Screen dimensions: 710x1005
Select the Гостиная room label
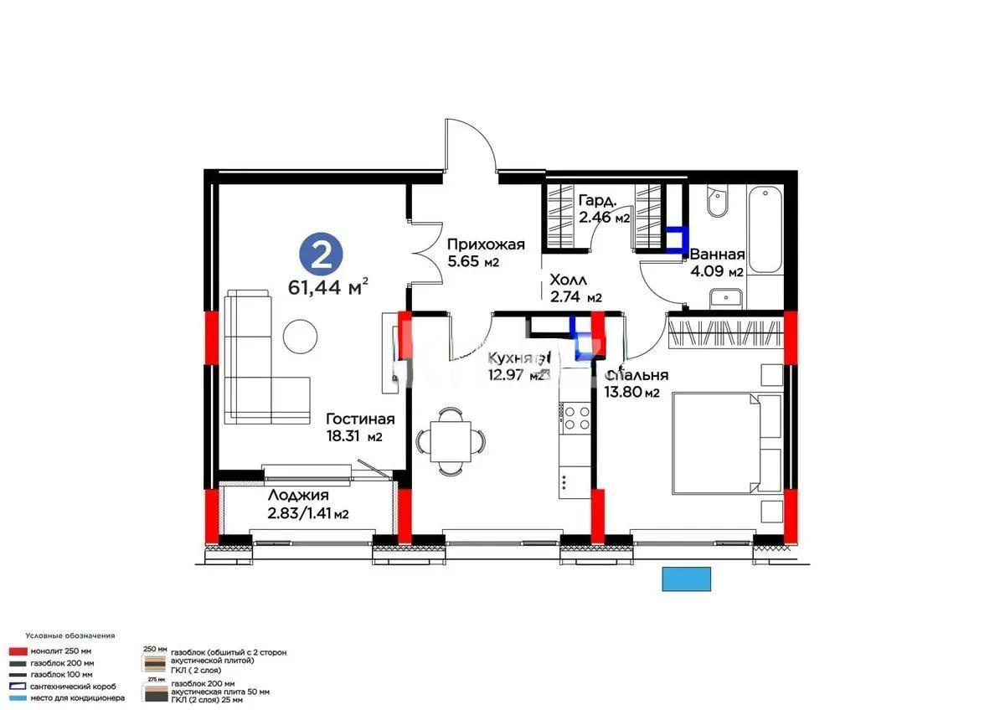click(360, 419)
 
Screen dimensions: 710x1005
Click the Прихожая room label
click(486, 244)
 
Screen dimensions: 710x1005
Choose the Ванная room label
click(717, 255)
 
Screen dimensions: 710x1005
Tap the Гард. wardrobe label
click(598, 201)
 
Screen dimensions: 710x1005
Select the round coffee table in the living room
click(300, 337)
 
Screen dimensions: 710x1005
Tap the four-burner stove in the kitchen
click(576, 417)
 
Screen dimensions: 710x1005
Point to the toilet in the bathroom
click(717, 203)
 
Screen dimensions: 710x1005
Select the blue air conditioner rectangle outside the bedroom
click(686, 579)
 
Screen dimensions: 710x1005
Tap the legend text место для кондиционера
click(77, 697)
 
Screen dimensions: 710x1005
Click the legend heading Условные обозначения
click(70, 635)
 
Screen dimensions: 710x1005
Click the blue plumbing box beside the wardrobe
click(675, 239)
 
